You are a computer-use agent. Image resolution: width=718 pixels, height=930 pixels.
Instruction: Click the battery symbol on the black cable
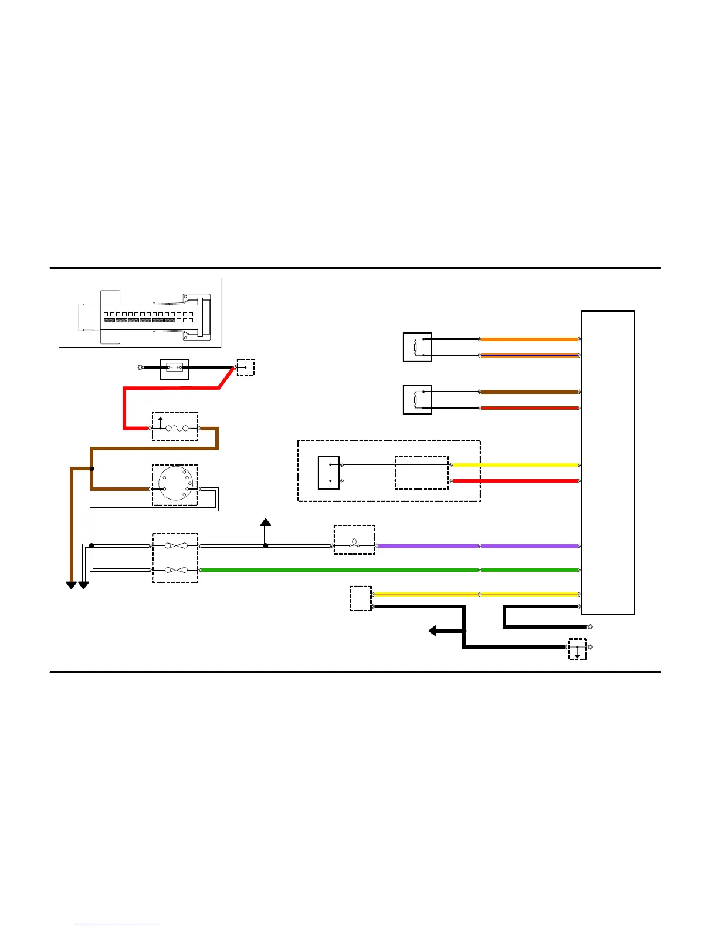175,368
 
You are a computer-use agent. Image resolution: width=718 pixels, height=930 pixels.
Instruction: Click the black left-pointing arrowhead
433,631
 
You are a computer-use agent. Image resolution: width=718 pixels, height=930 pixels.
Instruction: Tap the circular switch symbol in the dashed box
175,485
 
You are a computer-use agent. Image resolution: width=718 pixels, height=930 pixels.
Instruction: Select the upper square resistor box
418,348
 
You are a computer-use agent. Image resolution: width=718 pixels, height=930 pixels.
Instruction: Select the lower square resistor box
418,400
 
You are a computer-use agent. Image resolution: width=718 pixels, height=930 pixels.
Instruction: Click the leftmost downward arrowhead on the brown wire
72,585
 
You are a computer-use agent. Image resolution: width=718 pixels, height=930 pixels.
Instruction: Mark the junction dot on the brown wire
92,469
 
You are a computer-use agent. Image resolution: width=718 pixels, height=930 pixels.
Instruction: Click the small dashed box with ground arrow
577,649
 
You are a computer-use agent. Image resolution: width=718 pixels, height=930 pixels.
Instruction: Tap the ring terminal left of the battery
140,368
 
